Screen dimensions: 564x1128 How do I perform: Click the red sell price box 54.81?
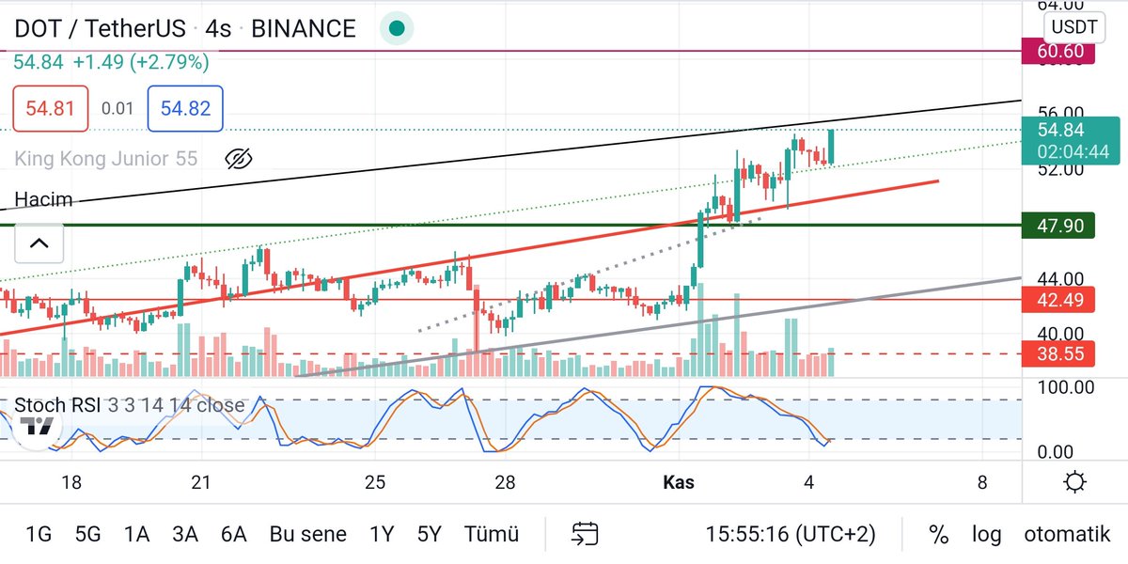pyautogui.click(x=50, y=108)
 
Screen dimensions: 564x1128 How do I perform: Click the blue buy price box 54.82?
pyautogui.click(x=185, y=108)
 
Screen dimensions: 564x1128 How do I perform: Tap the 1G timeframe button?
pyautogui.click(x=39, y=535)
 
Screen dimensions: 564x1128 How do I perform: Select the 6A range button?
pyautogui.click(x=233, y=535)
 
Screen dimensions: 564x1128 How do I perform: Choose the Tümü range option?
pyautogui.click(x=491, y=535)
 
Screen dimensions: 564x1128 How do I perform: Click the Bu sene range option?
pyautogui.click(x=307, y=535)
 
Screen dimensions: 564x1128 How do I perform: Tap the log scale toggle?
pyautogui.click(x=986, y=535)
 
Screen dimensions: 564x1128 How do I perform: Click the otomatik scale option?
pyautogui.click(x=1067, y=535)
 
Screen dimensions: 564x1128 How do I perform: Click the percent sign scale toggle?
pyautogui.click(x=938, y=535)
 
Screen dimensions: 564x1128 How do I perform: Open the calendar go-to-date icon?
pyautogui.click(x=585, y=535)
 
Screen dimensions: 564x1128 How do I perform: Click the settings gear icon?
pyautogui.click(x=1075, y=483)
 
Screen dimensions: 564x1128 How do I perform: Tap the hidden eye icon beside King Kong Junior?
pyautogui.click(x=240, y=159)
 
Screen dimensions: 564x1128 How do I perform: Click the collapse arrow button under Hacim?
pyautogui.click(x=39, y=244)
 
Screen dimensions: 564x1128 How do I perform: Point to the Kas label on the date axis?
pyautogui.click(x=678, y=483)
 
